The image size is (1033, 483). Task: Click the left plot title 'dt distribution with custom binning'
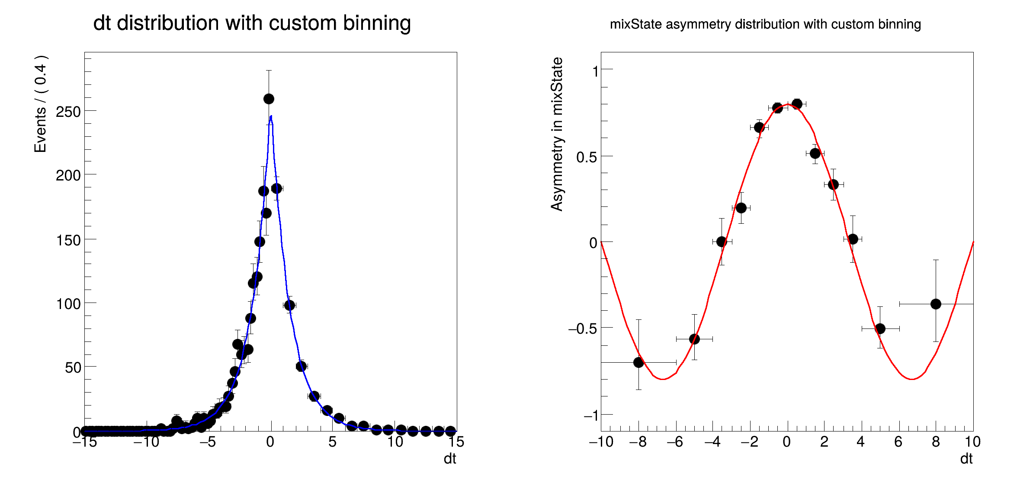[252, 23]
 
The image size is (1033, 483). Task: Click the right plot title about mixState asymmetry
[765, 24]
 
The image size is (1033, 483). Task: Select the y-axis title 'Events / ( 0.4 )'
[41, 104]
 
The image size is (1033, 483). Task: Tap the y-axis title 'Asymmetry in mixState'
[557, 134]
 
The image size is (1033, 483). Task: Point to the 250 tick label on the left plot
[68, 112]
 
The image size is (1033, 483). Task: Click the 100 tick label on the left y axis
[68, 304]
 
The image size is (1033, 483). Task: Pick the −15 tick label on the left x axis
[84, 441]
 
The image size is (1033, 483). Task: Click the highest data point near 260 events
[269, 99]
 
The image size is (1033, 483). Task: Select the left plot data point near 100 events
[289, 306]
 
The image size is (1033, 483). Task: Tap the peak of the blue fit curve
[271, 116]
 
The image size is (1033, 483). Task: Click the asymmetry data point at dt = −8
[638, 363]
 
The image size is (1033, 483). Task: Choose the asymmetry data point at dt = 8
[936, 304]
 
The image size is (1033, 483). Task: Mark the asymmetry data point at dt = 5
[880, 329]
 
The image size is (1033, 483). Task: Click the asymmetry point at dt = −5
[694, 339]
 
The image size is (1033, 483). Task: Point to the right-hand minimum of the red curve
[912, 379]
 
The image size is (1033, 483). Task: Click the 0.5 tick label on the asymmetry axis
[586, 157]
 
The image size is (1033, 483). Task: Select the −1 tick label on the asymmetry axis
[590, 415]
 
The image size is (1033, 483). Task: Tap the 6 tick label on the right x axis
[898, 441]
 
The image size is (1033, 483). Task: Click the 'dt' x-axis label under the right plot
[966, 459]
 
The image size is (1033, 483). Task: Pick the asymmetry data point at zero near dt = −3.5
[722, 241]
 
